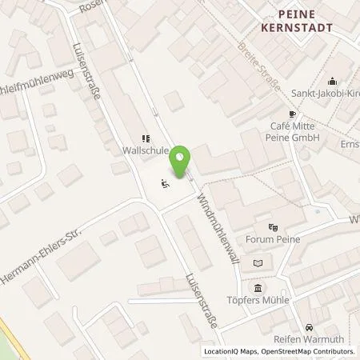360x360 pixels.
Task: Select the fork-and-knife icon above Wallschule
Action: [x=145, y=138]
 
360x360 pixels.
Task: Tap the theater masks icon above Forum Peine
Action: [x=274, y=227]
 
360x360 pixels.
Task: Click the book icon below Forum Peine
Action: [x=257, y=262]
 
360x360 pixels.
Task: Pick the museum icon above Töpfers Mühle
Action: [x=258, y=288]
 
